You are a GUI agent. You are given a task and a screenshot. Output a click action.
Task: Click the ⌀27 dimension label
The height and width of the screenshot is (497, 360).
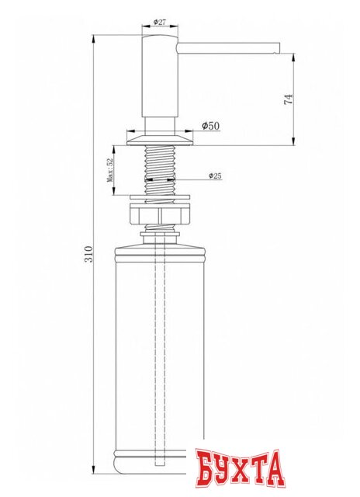pos(161,23)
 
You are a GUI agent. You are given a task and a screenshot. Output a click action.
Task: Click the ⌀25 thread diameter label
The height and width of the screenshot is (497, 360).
pos(215,176)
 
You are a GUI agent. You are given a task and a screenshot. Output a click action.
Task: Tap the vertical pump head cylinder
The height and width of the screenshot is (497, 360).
pos(161,78)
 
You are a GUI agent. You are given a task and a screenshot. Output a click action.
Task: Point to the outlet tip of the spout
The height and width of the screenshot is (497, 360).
pos(275,49)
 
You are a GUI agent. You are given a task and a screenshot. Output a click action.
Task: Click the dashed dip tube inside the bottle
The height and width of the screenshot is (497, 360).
pos(161,349)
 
